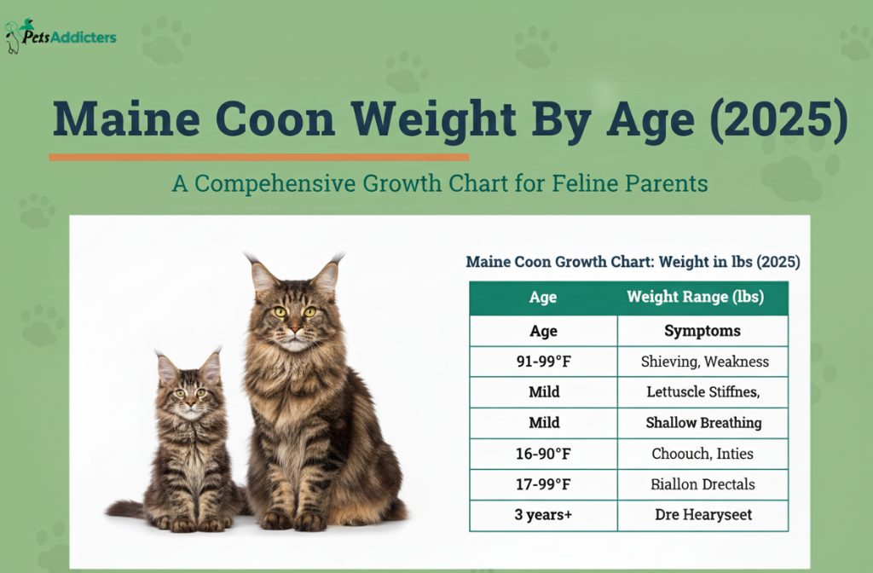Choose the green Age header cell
point(543,298)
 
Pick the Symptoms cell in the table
point(702,331)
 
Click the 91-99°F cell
point(543,362)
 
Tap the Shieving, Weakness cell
point(704,362)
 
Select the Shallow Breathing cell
point(703,423)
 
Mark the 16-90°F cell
point(543,454)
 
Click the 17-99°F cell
point(543,484)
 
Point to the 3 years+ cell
point(543,515)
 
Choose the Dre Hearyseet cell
point(703,515)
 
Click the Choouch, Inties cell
point(703,454)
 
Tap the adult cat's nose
point(294,329)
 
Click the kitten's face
point(189,397)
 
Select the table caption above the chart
point(633,262)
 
